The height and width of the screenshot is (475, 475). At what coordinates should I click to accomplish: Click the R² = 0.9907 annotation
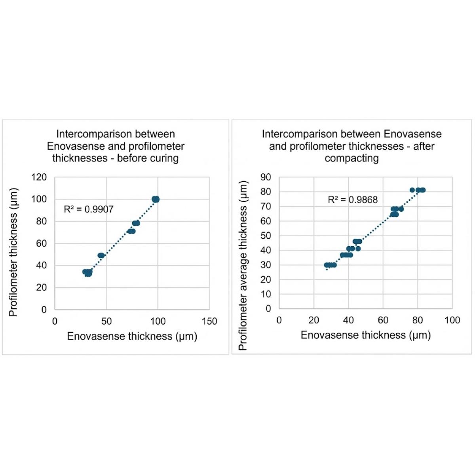point(89,209)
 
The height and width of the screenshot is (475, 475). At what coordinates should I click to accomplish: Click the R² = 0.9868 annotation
point(353,200)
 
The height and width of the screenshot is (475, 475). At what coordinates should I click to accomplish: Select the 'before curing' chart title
point(116,146)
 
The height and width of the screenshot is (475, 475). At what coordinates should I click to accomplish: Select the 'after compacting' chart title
point(351,146)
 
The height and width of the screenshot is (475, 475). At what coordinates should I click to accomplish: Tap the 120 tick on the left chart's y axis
point(39,177)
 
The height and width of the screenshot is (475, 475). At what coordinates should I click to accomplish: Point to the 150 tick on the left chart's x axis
point(209,321)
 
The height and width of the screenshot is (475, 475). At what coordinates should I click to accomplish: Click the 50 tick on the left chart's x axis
point(106,321)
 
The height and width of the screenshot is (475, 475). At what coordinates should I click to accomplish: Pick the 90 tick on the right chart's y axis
point(266,177)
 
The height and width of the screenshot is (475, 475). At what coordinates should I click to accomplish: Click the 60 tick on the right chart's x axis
point(383,320)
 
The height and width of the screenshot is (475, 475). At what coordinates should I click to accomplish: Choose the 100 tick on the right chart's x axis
point(452,320)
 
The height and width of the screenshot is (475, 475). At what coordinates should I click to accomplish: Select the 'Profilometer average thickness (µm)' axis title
point(243,265)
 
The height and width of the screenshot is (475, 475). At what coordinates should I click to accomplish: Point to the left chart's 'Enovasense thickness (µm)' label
point(132,336)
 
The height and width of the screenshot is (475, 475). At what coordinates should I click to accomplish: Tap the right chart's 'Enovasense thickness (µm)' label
point(365,335)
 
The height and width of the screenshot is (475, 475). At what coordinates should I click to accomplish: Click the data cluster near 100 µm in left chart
point(156,199)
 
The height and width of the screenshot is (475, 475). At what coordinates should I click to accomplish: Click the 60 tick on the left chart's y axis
point(42,243)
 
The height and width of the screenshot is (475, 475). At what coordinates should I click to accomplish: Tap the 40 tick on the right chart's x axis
point(348,320)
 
